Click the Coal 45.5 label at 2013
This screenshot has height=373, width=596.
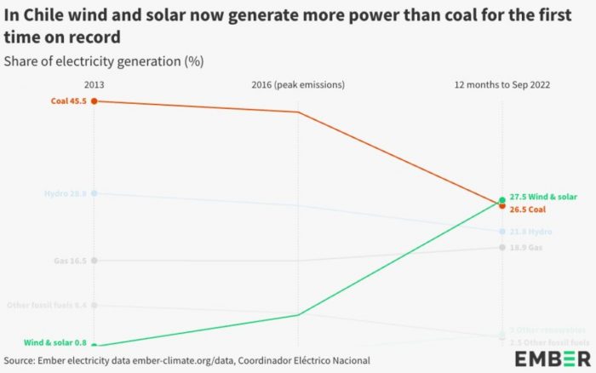pyautogui.click(x=69, y=100)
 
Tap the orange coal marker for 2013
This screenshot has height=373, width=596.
pyautogui.click(x=94, y=100)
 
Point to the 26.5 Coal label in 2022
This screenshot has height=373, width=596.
pyautogui.click(x=527, y=209)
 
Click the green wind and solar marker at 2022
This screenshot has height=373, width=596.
pyautogui.click(x=502, y=199)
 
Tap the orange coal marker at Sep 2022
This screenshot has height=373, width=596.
pyautogui.click(x=502, y=206)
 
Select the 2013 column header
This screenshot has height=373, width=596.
pyautogui.click(x=94, y=84)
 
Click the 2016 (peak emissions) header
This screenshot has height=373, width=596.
pyautogui.click(x=297, y=84)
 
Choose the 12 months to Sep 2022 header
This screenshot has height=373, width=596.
pyautogui.click(x=502, y=84)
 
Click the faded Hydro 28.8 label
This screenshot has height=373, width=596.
pyautogui.click(x=66, y=193)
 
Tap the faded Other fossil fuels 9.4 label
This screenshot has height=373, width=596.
pyautogui.click(x=47, y=305)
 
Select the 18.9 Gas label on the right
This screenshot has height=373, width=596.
pyautogui.click(x=525, y=247)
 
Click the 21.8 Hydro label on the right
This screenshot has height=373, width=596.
pyautogui.click(x=530, y=232)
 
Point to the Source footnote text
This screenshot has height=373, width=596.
pyautogui.click(x=187, y=360)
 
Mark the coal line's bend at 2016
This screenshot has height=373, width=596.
pyautogui.click(x=297, y=112)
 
